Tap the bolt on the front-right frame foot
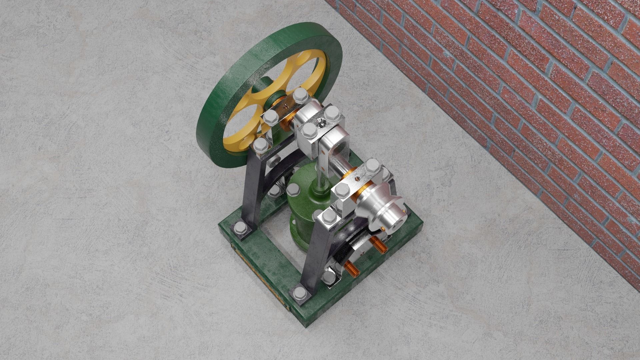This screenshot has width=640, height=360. [299, 293]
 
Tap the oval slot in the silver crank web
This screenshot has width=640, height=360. [340, 147]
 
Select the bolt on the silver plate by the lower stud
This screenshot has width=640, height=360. [329, 276]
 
